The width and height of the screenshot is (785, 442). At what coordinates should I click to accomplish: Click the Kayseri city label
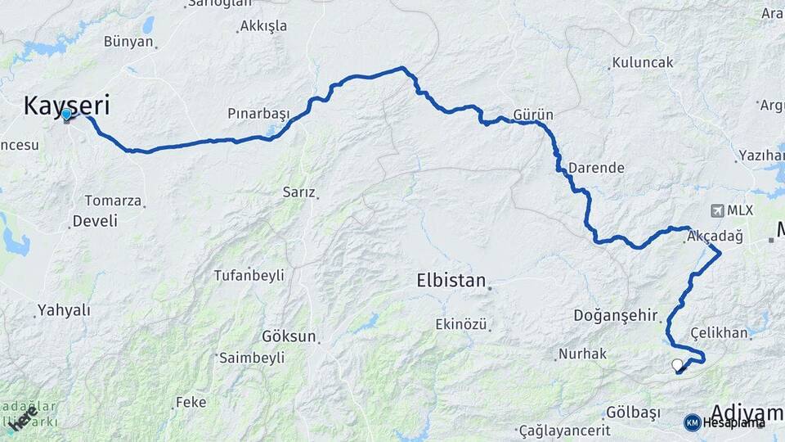(x=66, y=105)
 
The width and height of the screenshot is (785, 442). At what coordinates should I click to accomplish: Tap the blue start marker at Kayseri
(x=66, y=115)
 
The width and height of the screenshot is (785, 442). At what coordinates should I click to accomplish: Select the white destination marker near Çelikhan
(x=677, y=365)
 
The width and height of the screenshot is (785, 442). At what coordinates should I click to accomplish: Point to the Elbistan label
(x=451, y=280)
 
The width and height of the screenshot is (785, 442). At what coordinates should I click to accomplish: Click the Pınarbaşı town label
(x=258, y=112)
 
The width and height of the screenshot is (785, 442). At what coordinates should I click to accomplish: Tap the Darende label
(x=596, y=168)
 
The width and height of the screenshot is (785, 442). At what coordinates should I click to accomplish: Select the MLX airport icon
(x=719, y=210)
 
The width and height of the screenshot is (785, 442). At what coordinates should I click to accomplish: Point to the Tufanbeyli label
(x=249, y=275)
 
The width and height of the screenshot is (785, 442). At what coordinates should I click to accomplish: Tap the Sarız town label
(x=298, y=192)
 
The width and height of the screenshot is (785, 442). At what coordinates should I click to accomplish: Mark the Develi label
(x=95, y=221)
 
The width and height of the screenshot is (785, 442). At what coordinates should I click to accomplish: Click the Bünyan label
(x=128, y=42)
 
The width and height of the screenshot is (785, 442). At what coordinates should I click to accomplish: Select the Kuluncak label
(x=643, y=63)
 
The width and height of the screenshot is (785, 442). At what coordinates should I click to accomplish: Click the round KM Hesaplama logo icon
(x=692, y=422)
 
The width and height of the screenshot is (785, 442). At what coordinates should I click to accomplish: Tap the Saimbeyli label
(x=251, y=358)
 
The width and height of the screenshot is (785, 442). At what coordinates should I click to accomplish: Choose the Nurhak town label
(x=582, y=354)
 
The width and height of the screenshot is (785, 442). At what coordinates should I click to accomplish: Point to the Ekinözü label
(x=461, y=325)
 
